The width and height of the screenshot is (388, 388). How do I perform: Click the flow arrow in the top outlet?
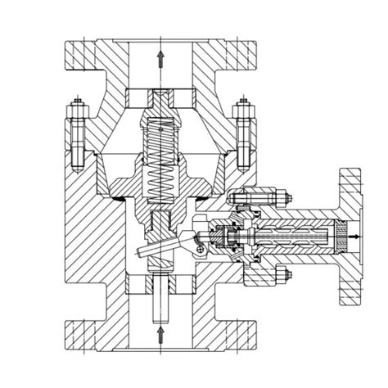[x=160, y=58]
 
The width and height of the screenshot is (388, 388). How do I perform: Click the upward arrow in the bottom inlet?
[x=160, y=333]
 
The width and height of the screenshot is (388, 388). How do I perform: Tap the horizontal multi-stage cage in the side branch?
[x=295, y=235]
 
